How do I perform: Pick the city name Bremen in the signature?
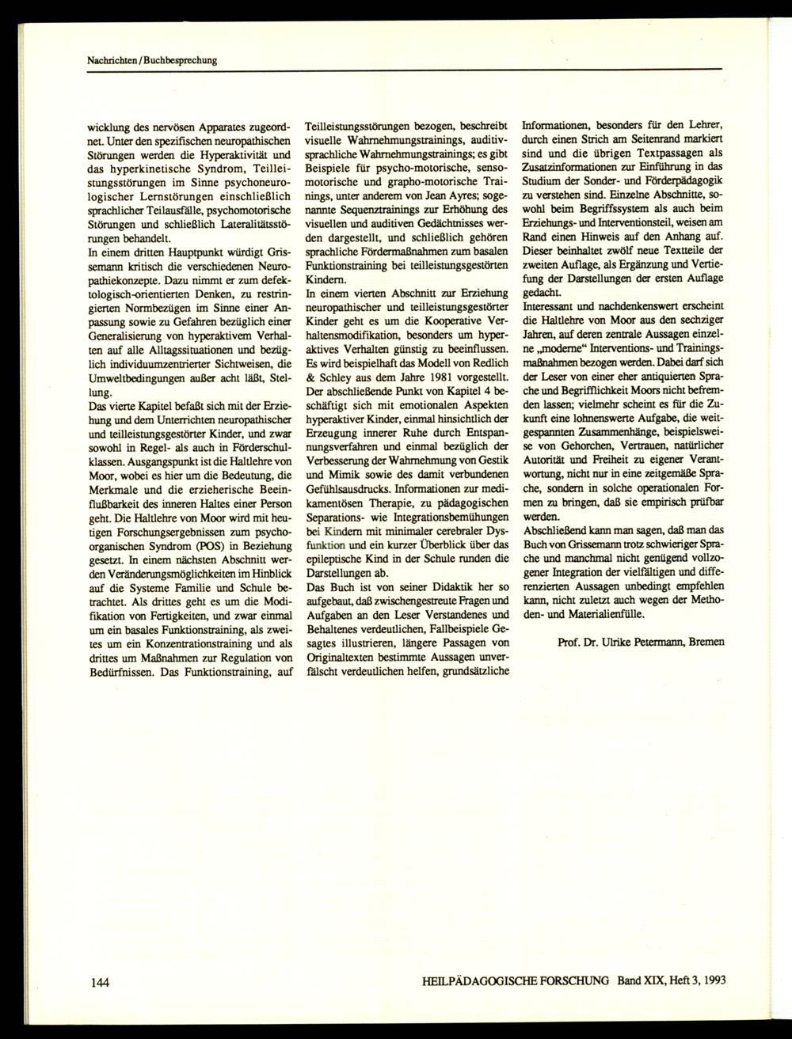706,642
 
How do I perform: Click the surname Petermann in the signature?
655,642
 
